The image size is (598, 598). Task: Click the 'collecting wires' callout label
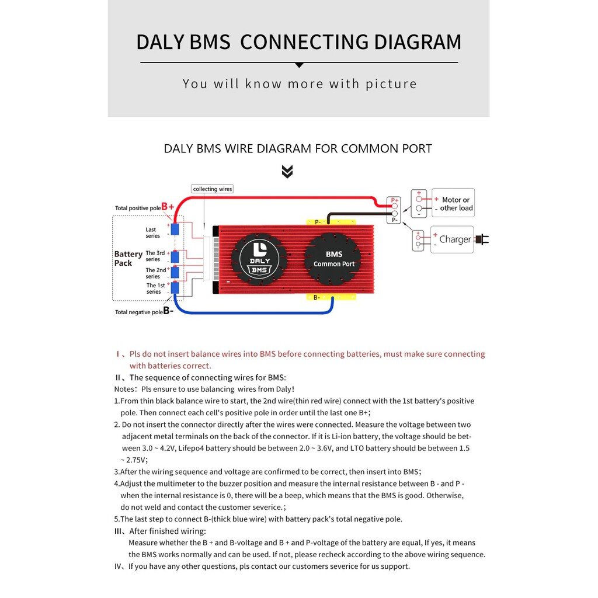point(213,189)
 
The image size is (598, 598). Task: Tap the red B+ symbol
point(168,207)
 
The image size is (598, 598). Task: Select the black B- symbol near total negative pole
point(168,311)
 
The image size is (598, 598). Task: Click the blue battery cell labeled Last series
point(175,229)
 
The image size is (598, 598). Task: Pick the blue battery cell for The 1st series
point(175,287)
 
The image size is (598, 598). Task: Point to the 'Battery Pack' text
point(128,258)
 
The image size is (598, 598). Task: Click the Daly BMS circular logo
point(259,259)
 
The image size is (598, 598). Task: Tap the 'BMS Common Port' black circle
point(334,259)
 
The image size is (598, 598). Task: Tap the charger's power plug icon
point(482,239)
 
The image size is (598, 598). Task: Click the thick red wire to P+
point(280,199)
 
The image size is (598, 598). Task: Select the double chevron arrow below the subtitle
point(287,172)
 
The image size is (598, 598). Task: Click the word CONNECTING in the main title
point(304,43)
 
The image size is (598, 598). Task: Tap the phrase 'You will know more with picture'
point(300,84)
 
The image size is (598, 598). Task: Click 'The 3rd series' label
point(155,256)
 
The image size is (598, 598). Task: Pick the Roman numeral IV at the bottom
point(119,566)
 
